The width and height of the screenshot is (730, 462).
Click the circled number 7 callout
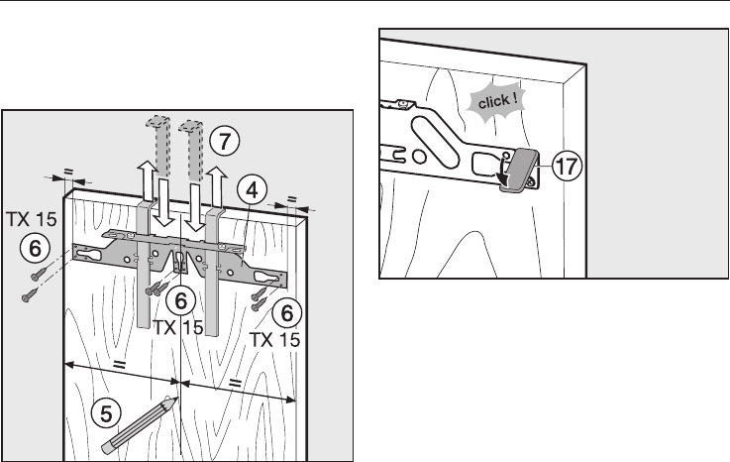click(x=228, y=142)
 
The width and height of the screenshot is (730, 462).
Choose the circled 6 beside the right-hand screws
click(x=287, y=313)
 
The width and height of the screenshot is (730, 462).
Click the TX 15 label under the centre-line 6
click(x=180, y=329)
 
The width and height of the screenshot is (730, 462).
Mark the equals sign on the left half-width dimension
click(x=120, y=365)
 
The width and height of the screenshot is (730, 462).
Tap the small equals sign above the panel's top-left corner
click(x=67, y=172)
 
